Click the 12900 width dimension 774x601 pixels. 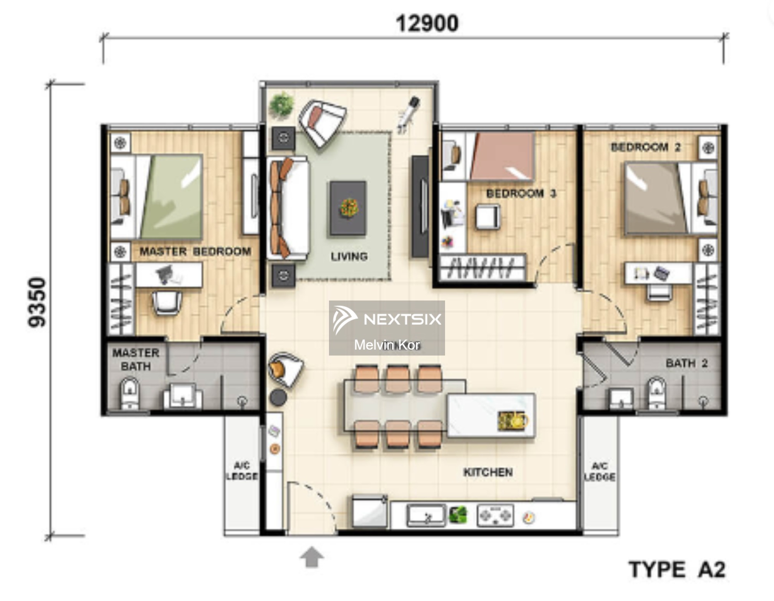427,23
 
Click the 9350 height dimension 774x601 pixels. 37,302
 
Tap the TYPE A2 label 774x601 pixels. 677,570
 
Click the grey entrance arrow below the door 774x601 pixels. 312,557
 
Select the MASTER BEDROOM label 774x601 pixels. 195,251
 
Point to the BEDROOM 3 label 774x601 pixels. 521,193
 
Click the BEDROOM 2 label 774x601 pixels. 645,147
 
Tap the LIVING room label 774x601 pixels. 349,256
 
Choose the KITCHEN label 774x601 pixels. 488,472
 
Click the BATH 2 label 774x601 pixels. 686,363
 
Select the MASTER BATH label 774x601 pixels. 135,359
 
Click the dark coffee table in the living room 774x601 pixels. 348,208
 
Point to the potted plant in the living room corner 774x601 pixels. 281,104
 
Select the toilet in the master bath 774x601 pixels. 130,393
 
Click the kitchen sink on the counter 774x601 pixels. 426,516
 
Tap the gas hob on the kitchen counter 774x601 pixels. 495,516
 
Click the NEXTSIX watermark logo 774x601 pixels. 387,319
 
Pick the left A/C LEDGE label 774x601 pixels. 242,471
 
